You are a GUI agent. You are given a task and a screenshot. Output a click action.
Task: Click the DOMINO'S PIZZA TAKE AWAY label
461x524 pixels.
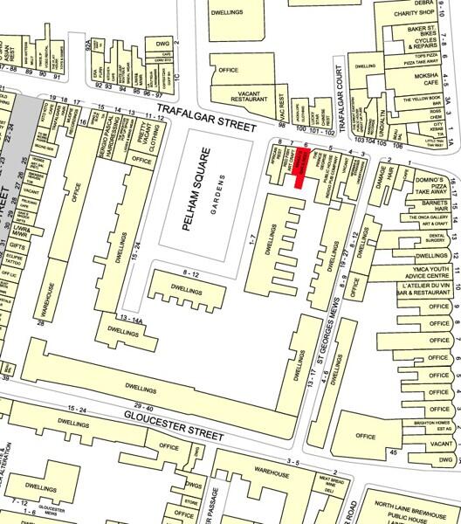pos(427,182)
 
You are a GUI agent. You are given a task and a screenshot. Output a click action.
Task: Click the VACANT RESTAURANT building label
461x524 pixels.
pos(247,96)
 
